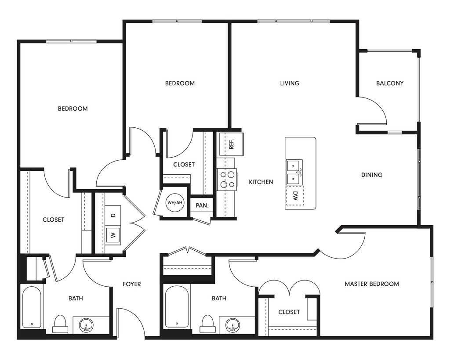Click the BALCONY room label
(390, 83)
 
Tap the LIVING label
(290, 83)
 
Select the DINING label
(372, 175)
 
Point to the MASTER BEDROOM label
(372, 284)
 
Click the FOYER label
(132, 284)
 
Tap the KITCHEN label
(261, 182)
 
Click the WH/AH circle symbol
(174, 203)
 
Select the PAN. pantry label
(202, 205)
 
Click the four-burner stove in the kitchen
(227, 180)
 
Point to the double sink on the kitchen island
(294, 172)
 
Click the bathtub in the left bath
(32, 307)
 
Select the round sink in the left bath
(86, 325)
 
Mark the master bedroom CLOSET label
(289, 312)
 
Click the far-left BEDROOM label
(73, 108)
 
